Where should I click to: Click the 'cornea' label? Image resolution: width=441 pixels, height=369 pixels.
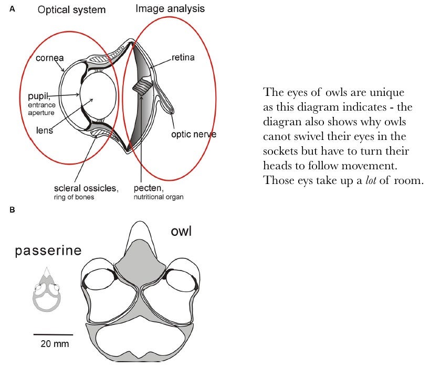pos(50,58)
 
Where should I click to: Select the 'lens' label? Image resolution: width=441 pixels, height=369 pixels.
pos(45,130)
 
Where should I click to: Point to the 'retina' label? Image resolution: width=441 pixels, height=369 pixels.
pos(183,57)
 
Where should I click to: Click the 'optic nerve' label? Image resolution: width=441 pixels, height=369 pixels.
pos(194,135)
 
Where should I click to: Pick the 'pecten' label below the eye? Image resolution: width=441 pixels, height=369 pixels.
pos(154,188)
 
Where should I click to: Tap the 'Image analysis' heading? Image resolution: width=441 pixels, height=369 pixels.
pos(170,9)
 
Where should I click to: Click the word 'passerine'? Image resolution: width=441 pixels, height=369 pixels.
pos(48,251)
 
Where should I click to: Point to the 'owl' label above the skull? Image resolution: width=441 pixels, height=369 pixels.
pos(180,231)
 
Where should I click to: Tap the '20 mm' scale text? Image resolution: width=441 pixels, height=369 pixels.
pos(54,344)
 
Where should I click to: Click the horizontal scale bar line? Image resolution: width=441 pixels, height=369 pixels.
pos(54,334)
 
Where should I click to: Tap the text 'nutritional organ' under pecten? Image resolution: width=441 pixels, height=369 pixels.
pos(160,197)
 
